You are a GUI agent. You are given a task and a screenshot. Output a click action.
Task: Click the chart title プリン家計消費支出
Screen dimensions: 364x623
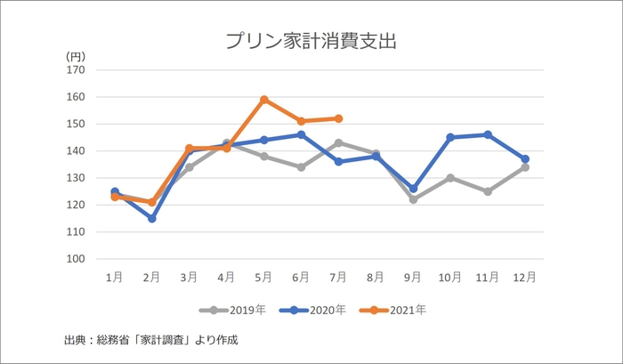pos(311,41)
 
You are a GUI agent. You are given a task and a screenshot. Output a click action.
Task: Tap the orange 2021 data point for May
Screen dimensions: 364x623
pos(264,100)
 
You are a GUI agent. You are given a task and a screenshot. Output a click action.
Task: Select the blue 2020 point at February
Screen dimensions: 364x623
pos(152,218)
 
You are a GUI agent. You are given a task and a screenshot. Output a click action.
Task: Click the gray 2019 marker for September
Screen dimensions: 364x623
pos(413,199)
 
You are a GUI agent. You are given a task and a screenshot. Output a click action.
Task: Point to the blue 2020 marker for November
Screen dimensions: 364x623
pos(488,134)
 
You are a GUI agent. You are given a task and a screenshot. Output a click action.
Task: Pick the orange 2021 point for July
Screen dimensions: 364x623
pos(339,118)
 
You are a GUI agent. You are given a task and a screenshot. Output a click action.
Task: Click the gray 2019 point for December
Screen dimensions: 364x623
pos(525,166)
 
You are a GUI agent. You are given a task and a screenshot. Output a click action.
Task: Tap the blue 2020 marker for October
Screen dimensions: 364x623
pos(450,137)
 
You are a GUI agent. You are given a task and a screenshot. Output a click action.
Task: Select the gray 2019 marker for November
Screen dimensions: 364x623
pos(488,191)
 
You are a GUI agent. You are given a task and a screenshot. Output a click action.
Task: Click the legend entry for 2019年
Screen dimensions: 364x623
pos(229,310)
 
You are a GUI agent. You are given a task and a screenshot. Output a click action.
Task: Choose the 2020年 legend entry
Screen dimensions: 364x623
pos(309,310)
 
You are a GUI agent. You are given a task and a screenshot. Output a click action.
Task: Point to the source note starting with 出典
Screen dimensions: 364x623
pos(151,340)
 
